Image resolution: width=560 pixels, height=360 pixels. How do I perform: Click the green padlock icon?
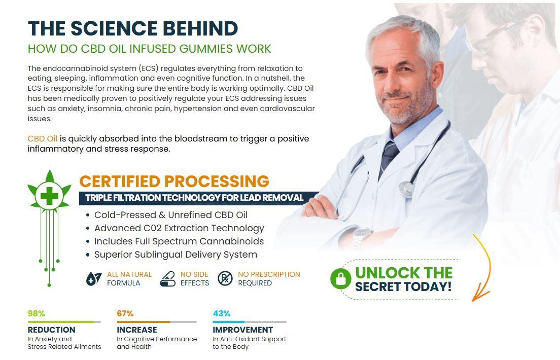pyautogui.click(x=340, y=278)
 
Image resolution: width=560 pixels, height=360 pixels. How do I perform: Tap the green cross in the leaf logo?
pyautogui.click(x=49, y=196)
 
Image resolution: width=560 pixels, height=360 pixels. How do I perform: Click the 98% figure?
pyautogui.click(x=37, y=313)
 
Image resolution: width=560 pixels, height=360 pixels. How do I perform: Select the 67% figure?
pyautogui.click(x=125, y=313)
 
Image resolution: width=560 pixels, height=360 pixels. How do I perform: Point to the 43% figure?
pyautogui.click(x=222, y=313)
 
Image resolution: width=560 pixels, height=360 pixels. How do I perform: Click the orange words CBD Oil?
pyautogui.click(x=43, y=138)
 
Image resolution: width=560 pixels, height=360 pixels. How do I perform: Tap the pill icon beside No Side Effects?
pyautogui.click(x=167, y=278)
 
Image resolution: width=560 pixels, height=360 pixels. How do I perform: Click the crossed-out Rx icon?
pyautogui.click(x=225, y=278)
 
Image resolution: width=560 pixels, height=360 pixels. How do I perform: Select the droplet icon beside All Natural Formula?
pyautogui.click(x=93, y=278)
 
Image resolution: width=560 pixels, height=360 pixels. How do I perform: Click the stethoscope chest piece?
pyautogui.click(x=406, y=188)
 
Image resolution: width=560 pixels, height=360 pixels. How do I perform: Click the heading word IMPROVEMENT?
pyautogui.click(x=243, y=330)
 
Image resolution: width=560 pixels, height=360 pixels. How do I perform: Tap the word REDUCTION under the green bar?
pyautogui.click(x=51, y=330)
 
